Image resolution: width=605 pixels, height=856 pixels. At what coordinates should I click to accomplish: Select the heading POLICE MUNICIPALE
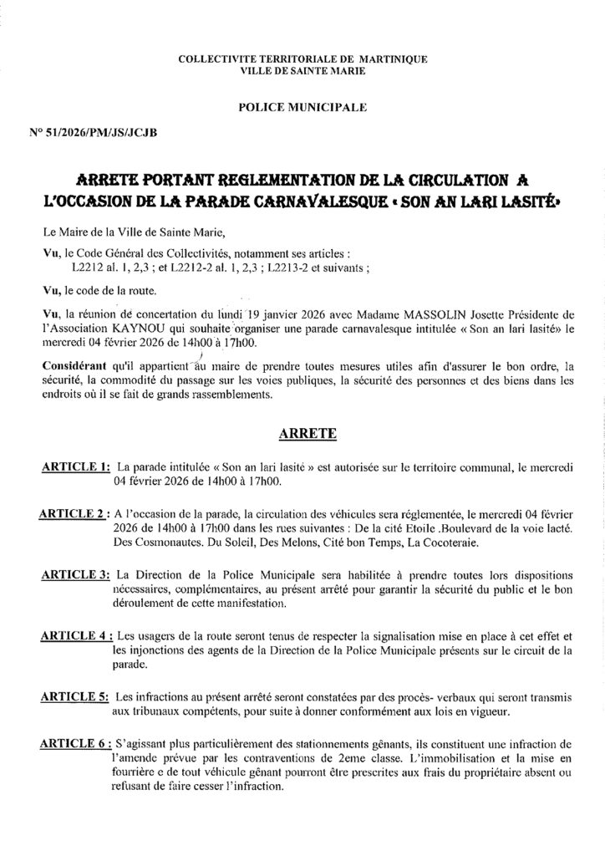click(302, 107)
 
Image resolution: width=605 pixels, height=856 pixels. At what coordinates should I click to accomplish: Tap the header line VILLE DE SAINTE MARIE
click(302, 71)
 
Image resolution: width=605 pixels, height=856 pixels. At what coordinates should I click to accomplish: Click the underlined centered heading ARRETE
click(302, 434)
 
